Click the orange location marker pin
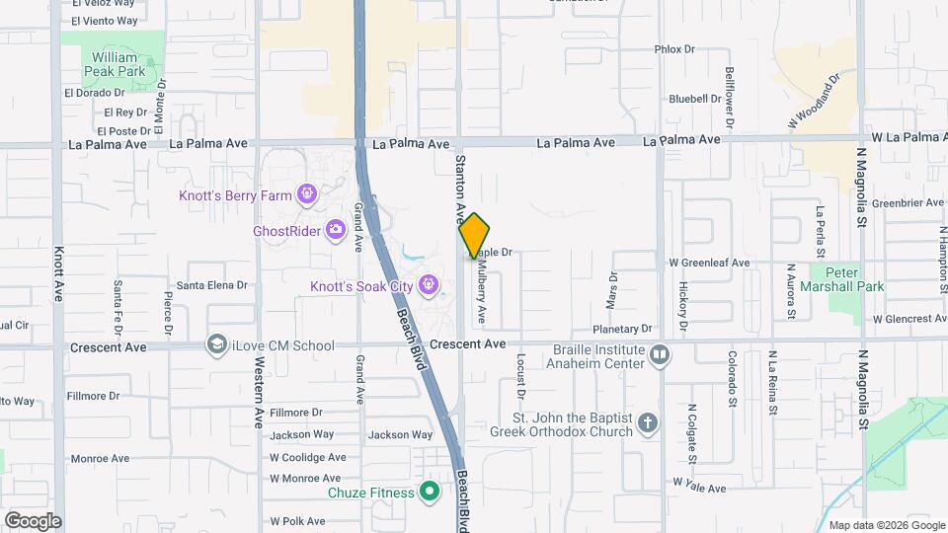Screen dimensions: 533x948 (474, 236)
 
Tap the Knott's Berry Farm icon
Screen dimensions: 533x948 (307, 193)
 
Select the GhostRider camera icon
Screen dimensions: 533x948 (336, 229)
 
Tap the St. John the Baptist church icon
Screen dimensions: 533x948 (648, 423)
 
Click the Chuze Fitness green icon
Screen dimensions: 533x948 (429, 490)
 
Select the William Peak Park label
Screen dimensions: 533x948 (115, 64)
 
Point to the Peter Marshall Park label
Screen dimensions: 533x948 (848, 279)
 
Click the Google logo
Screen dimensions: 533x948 (32, 520)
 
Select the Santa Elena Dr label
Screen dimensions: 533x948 (211, 285)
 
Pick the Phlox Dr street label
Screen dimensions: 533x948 (675, 48)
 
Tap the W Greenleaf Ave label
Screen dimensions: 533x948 (709, 263)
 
